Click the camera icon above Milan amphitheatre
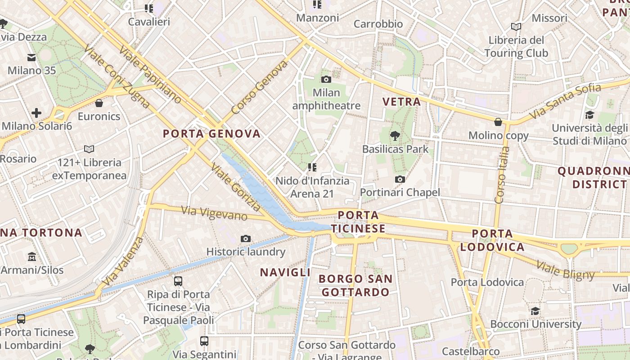326,80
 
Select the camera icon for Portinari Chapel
400,179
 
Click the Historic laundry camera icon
245,238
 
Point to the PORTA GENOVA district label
211,134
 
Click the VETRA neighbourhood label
401,102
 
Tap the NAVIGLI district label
285,272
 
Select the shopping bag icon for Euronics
99,103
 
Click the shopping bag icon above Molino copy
498,122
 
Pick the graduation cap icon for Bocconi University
535,311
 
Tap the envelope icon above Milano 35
31,58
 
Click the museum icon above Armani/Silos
32,257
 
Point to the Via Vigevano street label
214,213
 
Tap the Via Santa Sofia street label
565,101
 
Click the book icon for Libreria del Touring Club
516,27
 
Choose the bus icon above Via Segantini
204,341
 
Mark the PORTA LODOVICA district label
492,240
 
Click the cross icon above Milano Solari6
36,113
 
